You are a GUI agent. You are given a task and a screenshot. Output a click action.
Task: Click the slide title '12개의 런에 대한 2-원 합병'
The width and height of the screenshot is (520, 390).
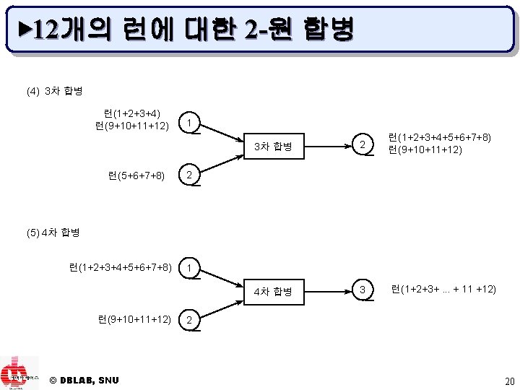click(189, 30)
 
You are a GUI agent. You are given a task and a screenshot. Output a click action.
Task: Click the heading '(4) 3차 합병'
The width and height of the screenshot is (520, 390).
click(54, 92)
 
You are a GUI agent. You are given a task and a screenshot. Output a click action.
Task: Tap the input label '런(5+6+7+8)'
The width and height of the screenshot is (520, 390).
click(136, 175)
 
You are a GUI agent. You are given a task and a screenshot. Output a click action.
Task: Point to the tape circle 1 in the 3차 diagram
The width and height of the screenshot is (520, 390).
click(188, 123)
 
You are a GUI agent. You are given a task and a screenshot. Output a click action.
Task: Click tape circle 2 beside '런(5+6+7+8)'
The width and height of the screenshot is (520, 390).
click(188, 175)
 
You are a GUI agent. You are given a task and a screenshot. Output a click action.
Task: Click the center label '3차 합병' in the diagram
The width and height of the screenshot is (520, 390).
click(273, 147)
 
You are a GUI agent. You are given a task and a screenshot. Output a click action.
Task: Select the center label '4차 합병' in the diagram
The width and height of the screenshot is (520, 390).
click(273, 291)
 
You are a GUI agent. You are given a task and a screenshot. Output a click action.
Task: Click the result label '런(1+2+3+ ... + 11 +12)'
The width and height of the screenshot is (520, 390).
click(443, 290)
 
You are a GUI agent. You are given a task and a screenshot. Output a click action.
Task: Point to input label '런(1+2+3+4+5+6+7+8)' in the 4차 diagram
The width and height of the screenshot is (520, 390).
click(120, 268)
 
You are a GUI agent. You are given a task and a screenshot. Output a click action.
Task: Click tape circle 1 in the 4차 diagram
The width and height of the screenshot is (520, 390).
click(188, 268)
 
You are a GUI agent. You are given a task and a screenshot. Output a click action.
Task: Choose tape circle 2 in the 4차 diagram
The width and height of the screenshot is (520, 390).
click(188, 319)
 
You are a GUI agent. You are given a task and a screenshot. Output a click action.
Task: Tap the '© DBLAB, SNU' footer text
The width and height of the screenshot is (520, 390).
click(84, 380)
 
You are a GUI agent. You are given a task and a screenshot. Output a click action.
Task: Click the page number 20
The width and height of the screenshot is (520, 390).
click(510, 381)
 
